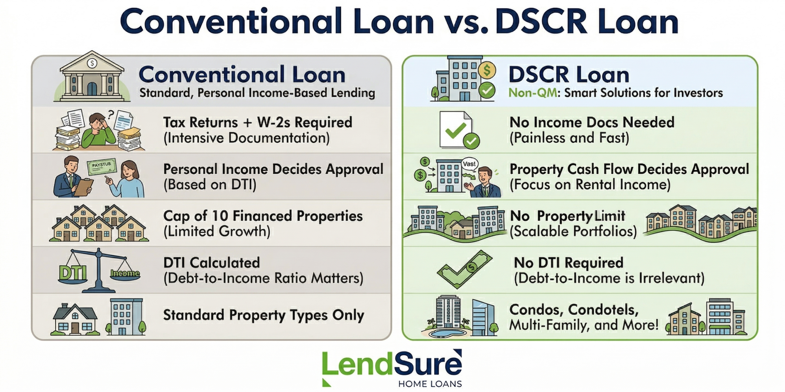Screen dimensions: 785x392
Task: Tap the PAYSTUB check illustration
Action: coord(101,167)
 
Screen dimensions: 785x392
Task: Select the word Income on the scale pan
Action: coord(125,273)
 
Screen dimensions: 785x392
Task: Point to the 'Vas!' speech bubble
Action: coord(469,164)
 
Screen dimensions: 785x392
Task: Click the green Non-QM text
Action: coord(533,92)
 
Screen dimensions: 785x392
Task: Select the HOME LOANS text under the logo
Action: coord(430,384)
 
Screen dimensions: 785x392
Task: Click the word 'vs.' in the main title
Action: coord(465,22)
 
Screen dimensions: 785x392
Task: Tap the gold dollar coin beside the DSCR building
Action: coord(486,70)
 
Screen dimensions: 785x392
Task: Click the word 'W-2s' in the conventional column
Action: coord(274,122)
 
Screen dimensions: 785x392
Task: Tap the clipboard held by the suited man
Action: coord(83,187)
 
